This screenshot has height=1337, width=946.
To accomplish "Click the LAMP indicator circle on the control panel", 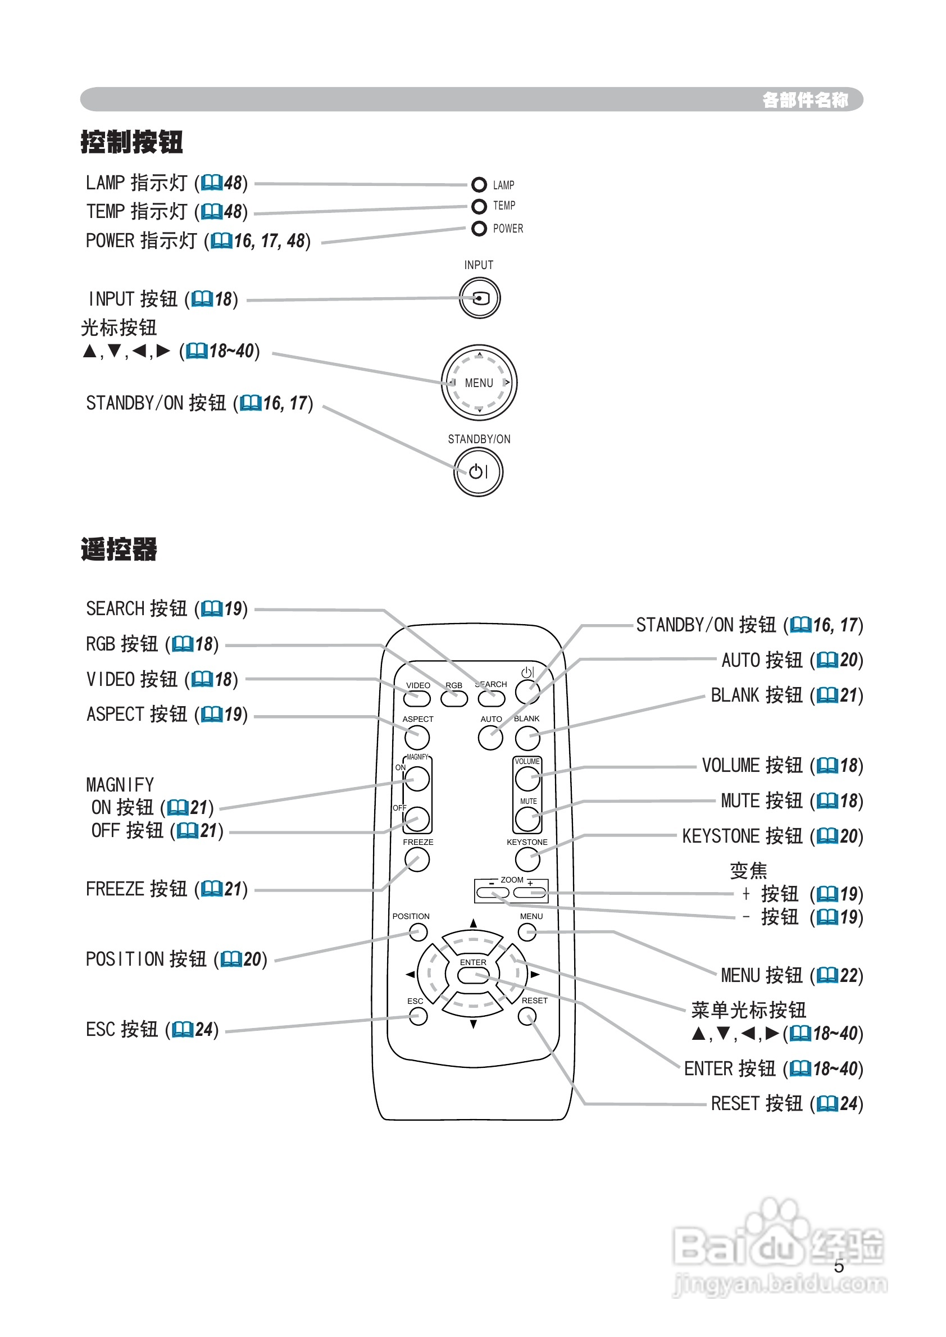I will tap(479, 185).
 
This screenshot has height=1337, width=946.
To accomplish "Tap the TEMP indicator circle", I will tap(479, 206).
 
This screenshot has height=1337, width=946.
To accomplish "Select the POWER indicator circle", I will tap(479, 229).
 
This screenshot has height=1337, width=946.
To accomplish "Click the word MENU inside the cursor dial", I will tap(479, 383).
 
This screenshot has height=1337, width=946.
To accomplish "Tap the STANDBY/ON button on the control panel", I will tap(478, 471).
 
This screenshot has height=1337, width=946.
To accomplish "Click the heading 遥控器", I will tap(119, 549).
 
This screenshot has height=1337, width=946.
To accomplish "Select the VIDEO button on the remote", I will tap(417, 698).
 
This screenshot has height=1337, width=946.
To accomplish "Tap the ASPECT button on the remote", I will tap(417, 738).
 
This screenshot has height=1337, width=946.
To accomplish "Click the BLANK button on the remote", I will tap(527, 738).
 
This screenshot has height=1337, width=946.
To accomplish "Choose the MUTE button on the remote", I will tap(527, 818).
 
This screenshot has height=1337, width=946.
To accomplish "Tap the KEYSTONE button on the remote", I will tap(527, 859).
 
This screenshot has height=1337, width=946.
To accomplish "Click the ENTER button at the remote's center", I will tap(473, 974).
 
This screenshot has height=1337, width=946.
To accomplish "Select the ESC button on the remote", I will tap(417, 1016).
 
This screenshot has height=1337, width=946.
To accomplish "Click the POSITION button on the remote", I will tap(417, 932).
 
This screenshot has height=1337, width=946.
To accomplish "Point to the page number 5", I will tap(838, 1266).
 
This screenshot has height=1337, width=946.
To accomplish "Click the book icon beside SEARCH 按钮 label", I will tap(211, 609).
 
